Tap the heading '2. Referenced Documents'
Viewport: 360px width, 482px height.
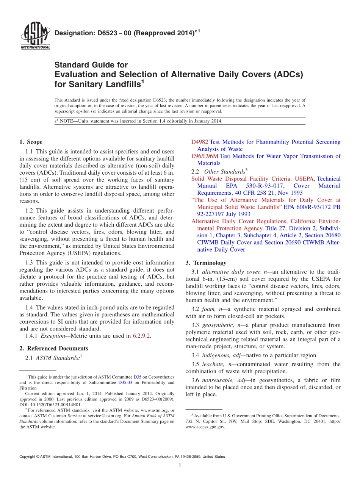click(x=54, y=348)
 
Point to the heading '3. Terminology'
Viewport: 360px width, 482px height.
click(x=206, y=263)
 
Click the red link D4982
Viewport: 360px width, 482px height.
click(x=199, y=142)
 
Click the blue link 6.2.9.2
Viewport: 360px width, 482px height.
click(x=141, y=336)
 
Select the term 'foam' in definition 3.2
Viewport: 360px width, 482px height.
click(x=208, y=309)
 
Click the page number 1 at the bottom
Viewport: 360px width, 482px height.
click(x=180, y=465)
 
